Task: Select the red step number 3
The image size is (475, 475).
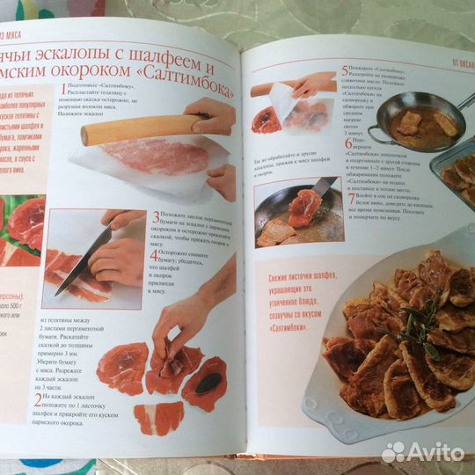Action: pyautogui.click(x=154, y=217)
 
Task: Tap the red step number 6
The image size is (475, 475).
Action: pyautogui.click(x=348, y=141)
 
